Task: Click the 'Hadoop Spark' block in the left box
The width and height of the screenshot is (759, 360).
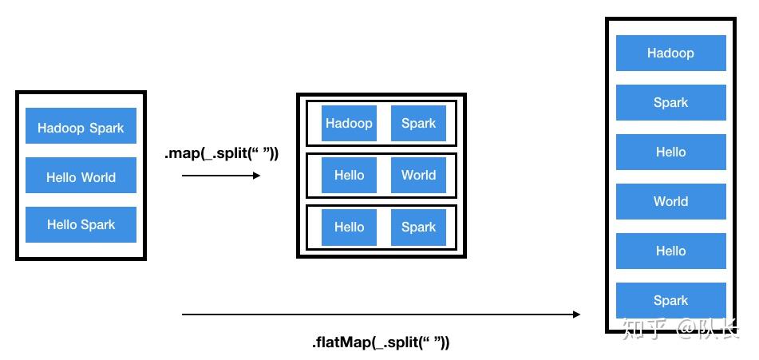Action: pos(81,127)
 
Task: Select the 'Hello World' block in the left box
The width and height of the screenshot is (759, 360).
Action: pos(81,176)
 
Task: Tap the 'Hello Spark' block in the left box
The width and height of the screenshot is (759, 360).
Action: pos(81,224)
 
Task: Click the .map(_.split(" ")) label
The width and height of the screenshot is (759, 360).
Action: pos(221,153)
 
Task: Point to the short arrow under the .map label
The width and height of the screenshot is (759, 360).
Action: pos(221,175)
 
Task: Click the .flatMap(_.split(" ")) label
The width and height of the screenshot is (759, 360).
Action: pos(380,342)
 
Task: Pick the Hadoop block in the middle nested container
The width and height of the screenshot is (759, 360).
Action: pos(349,123)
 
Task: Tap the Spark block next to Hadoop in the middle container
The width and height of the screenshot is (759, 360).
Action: pos(418,123)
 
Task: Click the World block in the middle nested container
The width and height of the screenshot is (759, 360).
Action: pos(418,175)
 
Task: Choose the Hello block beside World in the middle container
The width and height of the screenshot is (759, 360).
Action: pos(349,175)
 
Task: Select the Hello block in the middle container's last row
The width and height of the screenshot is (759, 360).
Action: pos(349,227)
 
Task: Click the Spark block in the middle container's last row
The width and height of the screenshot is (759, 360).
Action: pos(418,227)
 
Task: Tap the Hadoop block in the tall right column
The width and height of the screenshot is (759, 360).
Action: pos(670,53)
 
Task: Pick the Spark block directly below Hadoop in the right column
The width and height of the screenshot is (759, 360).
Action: pos(670,102)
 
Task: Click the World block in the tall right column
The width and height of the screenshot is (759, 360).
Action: pos(670,201)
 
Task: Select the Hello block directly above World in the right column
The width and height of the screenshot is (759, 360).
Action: pos(670,152)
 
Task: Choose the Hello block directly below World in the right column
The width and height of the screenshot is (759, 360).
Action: pos(670,251)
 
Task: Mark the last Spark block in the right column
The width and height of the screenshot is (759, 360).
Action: pos(670,300)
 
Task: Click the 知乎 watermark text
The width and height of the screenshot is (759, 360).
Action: pos(643,328)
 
